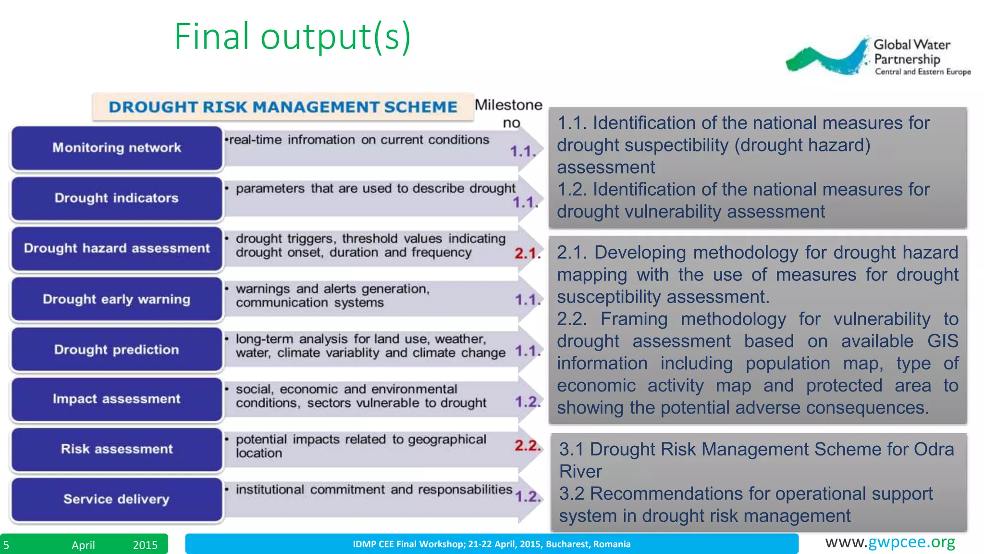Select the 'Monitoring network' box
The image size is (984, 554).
coord(117,148)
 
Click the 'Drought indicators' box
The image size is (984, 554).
coord(117,198)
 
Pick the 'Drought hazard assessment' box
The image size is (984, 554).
coord(117,249)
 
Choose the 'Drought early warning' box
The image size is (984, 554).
coord(117,299)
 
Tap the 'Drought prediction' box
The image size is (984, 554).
coord(117,350)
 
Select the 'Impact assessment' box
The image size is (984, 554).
coord(117,399)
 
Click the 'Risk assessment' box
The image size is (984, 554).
coord(117,449)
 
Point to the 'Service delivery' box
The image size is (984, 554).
coord(117,499)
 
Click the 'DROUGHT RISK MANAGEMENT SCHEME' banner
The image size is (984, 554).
coord(283,107)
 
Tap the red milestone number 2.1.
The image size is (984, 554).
coord(528,253)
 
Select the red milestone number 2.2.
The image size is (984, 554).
coord(528,446)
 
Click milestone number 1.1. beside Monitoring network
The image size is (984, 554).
coord(523,151)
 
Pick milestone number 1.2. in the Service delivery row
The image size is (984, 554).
coord(528,496)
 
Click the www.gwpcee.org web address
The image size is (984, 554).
coord(890,542)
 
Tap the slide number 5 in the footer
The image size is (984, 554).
coord(6,545)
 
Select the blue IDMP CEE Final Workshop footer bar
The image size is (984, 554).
coord(492,544)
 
